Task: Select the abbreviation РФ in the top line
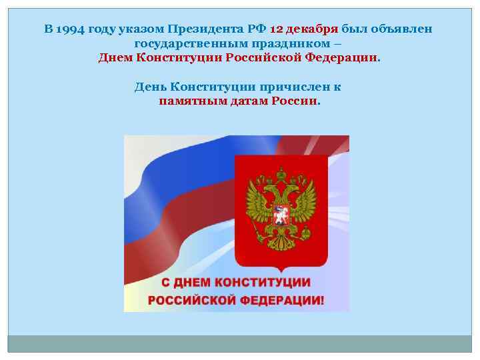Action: click(258, 29)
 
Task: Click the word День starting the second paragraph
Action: click(151, 87)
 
